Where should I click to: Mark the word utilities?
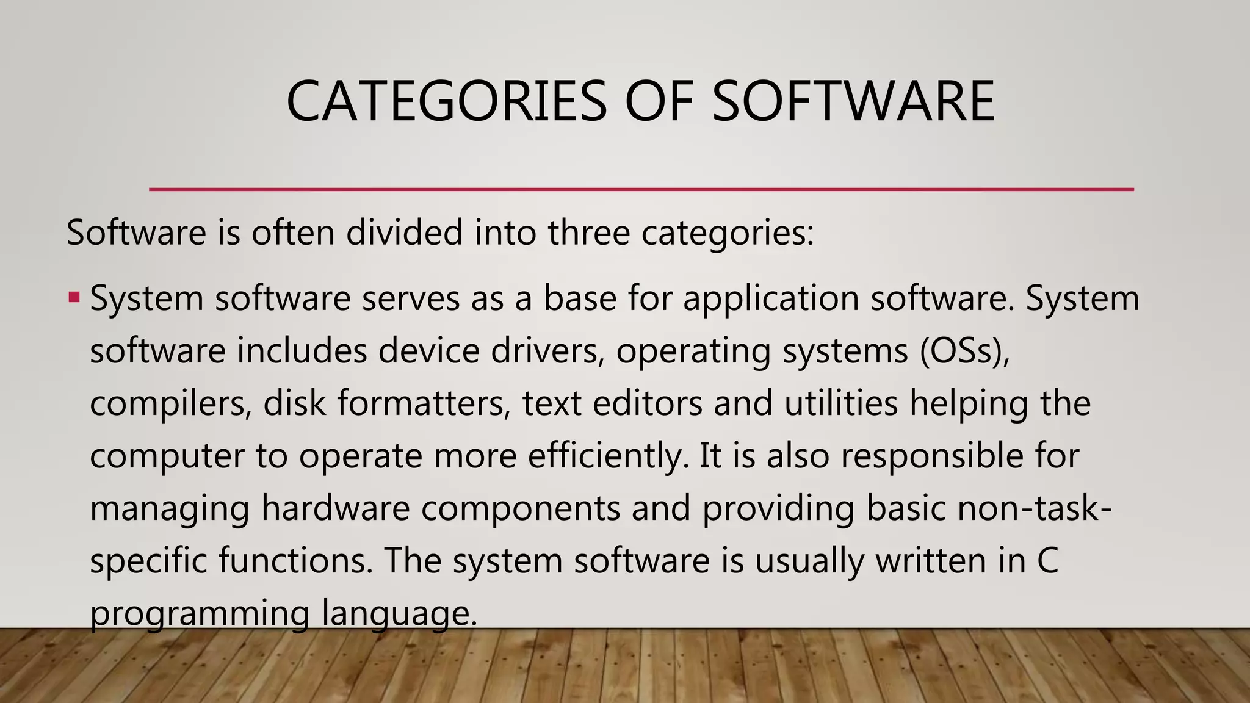point(841,404)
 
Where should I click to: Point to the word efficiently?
point(607,456)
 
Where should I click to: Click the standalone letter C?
point(1047,561)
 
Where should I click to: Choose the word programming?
point(200,614)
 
